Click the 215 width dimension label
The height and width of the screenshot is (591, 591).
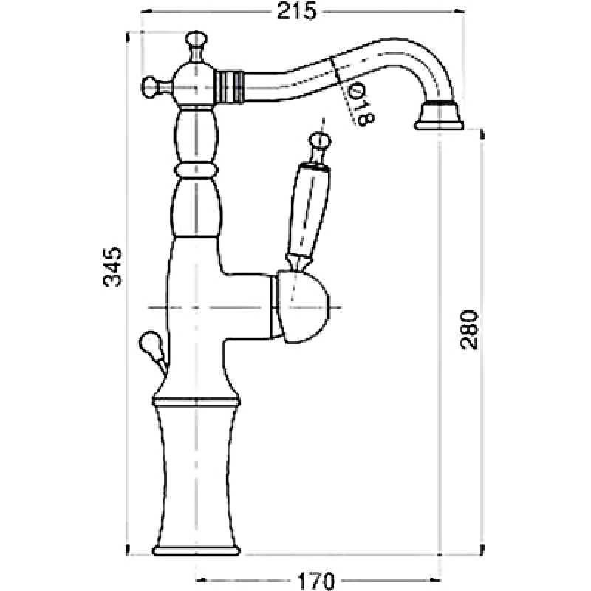[x=296, y=12]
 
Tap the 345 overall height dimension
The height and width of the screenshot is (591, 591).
[x=113, y=267]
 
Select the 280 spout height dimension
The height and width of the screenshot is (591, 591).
[x=470, y=330]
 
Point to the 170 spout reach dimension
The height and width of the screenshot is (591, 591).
[x=316, y=581]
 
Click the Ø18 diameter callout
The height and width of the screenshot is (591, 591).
[x=361, y=105]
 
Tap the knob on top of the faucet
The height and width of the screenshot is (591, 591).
[x=196, y=42]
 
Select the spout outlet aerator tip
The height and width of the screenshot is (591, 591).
[x=439, y=116]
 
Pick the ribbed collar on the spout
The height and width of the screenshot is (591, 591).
[x=229, y=87]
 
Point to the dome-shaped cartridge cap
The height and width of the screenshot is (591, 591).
[x=301, y=307]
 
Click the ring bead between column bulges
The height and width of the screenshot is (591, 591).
[x=197, y=171]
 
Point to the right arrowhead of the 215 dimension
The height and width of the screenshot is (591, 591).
[x=459, y=12]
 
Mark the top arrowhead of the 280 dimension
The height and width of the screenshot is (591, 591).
[x=482, y=135]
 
